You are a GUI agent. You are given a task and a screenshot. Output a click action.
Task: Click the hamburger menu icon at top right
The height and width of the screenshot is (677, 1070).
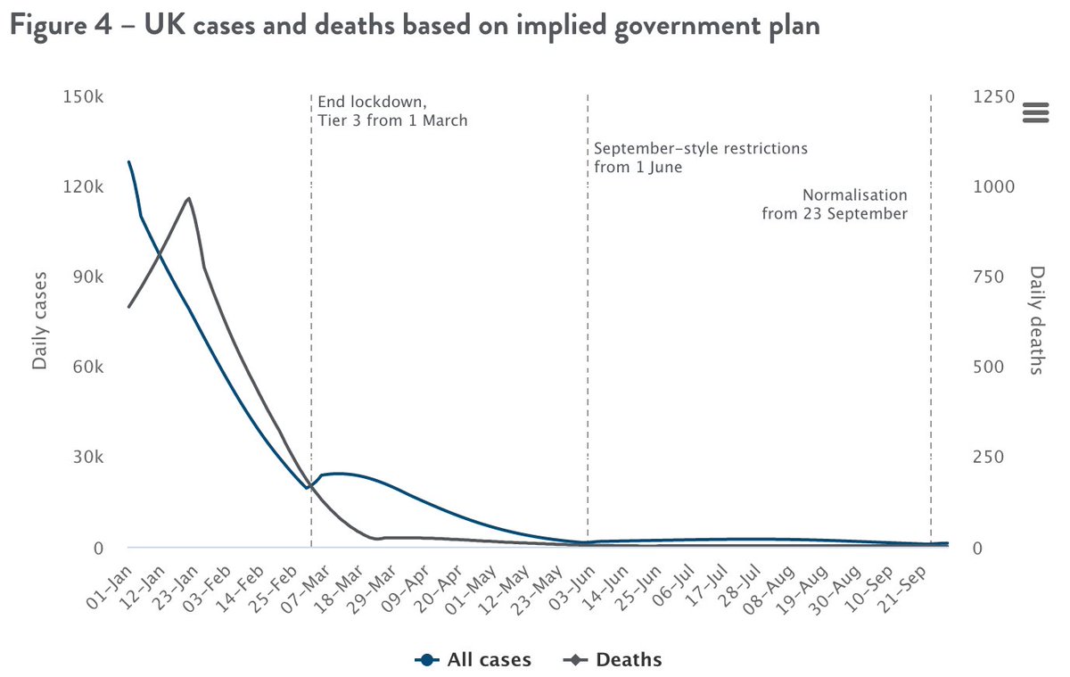coord(1035,112)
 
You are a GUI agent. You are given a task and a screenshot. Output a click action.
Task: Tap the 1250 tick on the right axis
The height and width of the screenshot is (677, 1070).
coord(994,97)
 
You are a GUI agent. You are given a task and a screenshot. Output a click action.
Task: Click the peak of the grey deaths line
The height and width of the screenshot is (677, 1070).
coord(188,198)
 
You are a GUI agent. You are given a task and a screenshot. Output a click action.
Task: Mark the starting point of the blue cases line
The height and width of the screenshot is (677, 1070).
coord(129,162)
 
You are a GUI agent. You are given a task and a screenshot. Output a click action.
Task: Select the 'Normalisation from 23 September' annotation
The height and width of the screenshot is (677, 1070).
coord(835,204)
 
